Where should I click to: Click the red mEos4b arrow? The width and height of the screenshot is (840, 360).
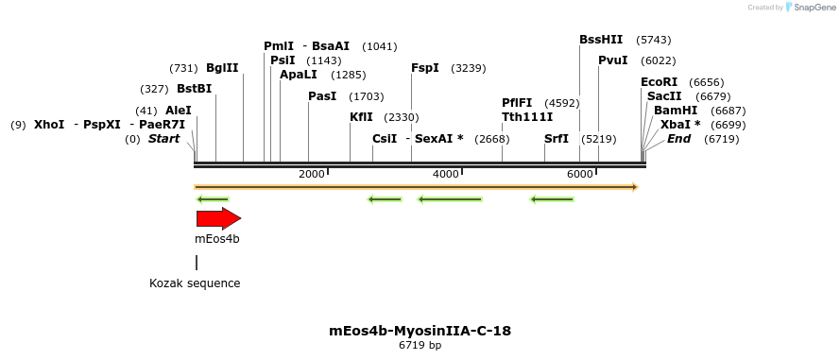218,219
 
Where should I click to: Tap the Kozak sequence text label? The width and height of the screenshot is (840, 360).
195,283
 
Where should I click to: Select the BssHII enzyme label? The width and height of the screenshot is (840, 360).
601,40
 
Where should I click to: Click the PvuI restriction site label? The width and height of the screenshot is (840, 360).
612,60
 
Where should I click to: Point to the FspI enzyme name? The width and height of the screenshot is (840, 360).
425,68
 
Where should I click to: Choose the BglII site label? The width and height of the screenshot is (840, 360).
222,68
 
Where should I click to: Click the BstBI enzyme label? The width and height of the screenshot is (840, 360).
194,89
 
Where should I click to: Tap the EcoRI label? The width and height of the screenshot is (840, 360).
660,82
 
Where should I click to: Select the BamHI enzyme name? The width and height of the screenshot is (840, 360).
675,111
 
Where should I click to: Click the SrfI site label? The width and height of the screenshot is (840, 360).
557,139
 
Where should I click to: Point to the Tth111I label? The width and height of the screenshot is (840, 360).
527,117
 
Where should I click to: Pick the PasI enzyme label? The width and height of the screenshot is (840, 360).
322,96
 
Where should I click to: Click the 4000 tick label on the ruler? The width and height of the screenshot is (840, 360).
445,174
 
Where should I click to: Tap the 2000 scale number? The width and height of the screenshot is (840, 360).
311,174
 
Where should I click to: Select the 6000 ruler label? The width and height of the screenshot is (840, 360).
579,174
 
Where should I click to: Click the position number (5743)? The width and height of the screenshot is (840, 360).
653,40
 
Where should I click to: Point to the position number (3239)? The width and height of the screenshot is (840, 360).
469,68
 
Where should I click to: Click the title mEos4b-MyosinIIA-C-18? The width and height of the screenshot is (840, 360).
420,331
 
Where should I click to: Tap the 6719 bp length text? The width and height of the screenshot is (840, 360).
420,346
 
